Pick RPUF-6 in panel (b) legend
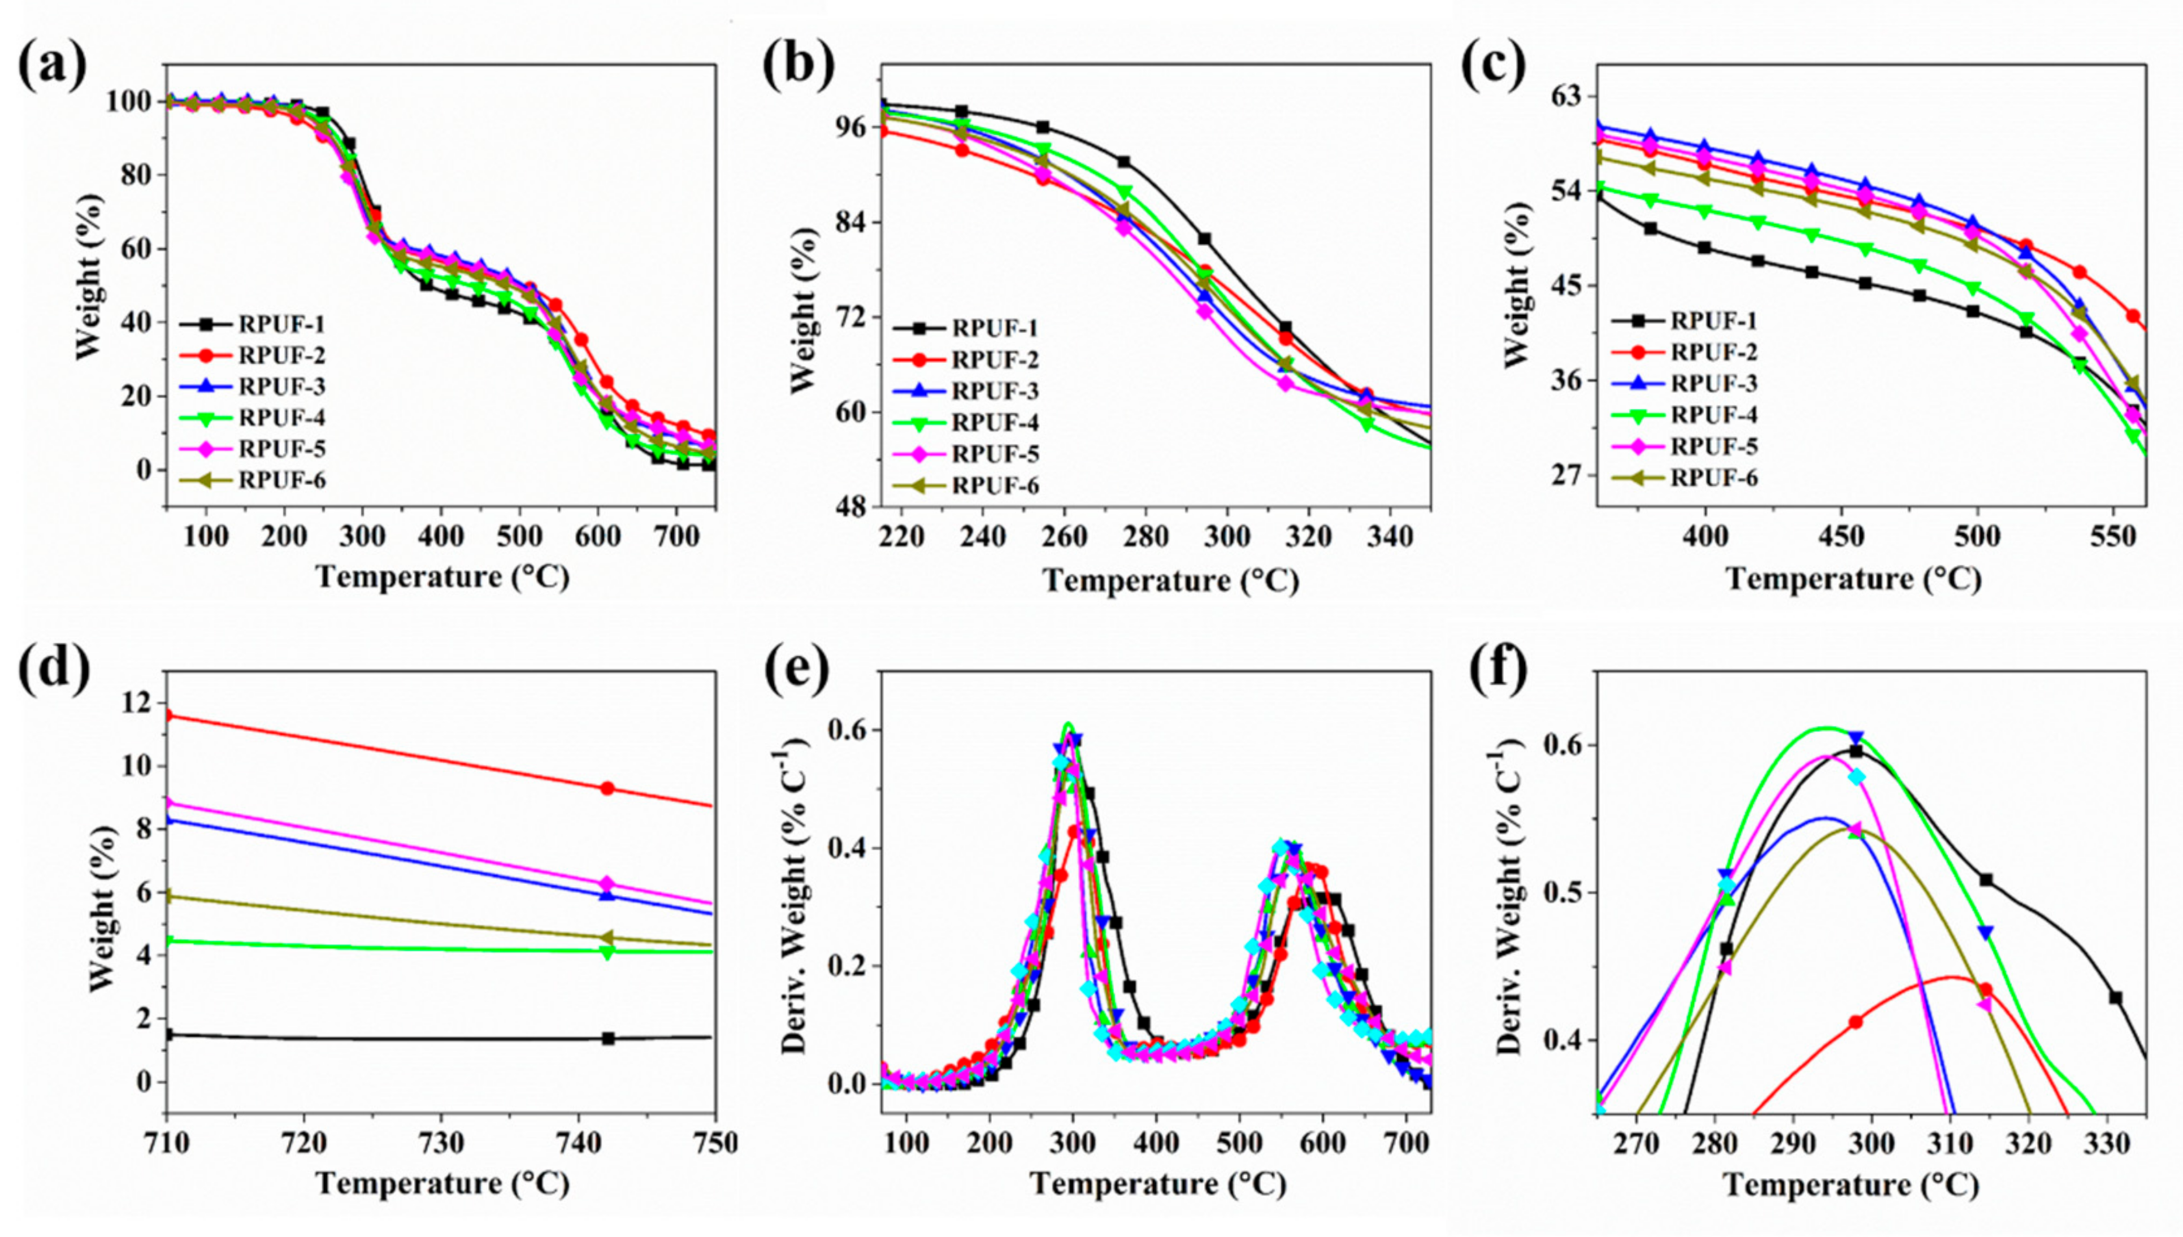(x=995, y=486)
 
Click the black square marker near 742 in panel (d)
(x=607, y=1038)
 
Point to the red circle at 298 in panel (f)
(x=1855, y=1022)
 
